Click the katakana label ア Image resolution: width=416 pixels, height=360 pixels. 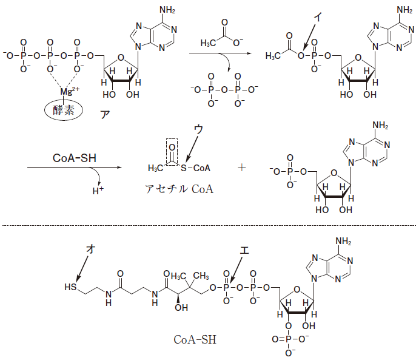coord(104,113)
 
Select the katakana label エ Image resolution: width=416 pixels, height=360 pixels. coord(244,250)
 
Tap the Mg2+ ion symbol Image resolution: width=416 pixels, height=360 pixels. coord(69,92)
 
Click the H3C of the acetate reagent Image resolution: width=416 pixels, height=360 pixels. coord(210,44)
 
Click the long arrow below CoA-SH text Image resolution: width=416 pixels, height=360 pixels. coord(73,168)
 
